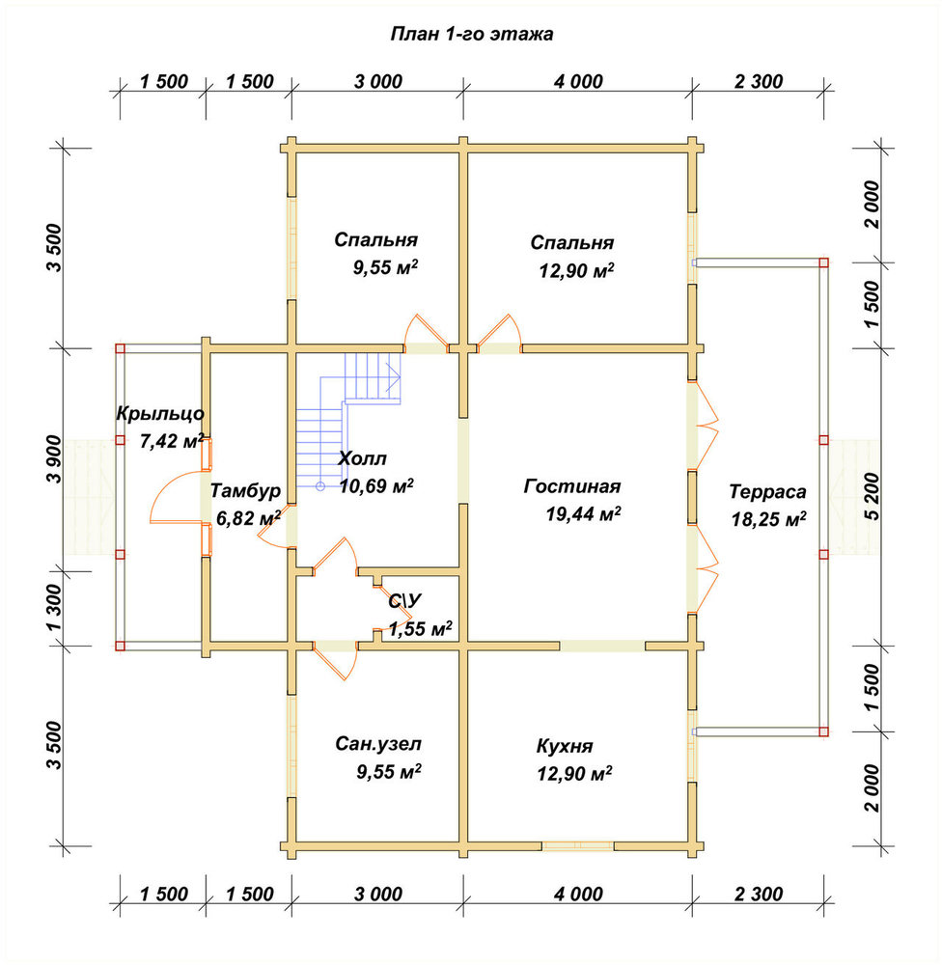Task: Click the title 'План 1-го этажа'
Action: click(x=472, y=34)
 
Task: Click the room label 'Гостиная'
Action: click(x=572, y=486)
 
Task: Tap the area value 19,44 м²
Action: click(x=583, y=513)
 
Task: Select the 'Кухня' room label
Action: click(x=565, y=747)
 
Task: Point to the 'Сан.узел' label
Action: click(x=378, y=744)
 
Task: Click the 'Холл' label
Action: click(x=363, y=458)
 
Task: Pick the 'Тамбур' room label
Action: click(x=246, y=491)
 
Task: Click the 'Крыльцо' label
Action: click(x=160, y=414)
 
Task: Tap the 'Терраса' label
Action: click(x=767, y=492)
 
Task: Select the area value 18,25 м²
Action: click(x=769, y=519)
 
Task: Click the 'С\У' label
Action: click(x=405, y=600)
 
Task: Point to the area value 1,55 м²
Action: click(x=421, y=628)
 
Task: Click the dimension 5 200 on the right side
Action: click(x=873, y=497)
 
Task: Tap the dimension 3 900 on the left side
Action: click(x=53, y=459)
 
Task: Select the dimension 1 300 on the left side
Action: click(x=53, y=608)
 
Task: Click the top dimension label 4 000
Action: click(x=578, y=81)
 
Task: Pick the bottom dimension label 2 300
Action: click(x=759, y=894)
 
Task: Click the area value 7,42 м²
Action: click(x=172, y=441)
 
